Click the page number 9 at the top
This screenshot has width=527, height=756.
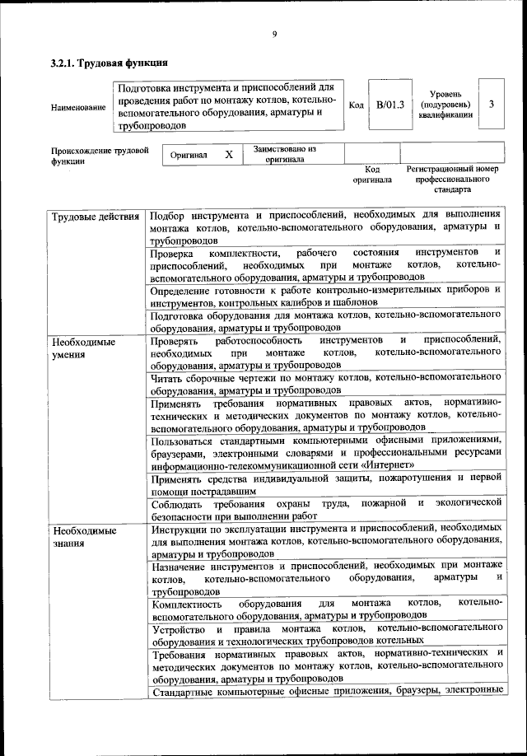point(274,34)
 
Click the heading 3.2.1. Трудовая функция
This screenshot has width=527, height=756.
point(110,62)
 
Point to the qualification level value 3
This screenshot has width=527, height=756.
point(492,105)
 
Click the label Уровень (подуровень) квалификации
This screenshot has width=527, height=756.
point(445,105)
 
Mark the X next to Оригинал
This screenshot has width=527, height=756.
point(229,154)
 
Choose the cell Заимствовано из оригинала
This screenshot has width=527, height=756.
point(285,154)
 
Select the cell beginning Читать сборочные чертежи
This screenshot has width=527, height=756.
point(326,384)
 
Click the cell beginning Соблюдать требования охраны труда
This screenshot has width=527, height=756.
point(326,507)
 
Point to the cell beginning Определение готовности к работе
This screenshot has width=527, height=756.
point(326,296)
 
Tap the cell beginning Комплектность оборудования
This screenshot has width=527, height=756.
point(326,609)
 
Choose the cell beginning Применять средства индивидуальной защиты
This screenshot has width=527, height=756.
point(326,483)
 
